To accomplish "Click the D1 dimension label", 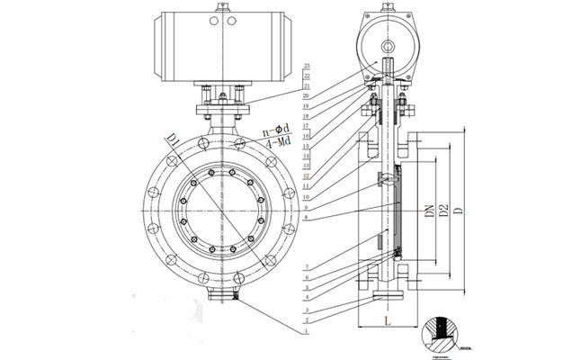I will tap(173, 141).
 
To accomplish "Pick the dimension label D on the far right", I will tap(459, 212).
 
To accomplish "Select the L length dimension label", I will tap(388, 319).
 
